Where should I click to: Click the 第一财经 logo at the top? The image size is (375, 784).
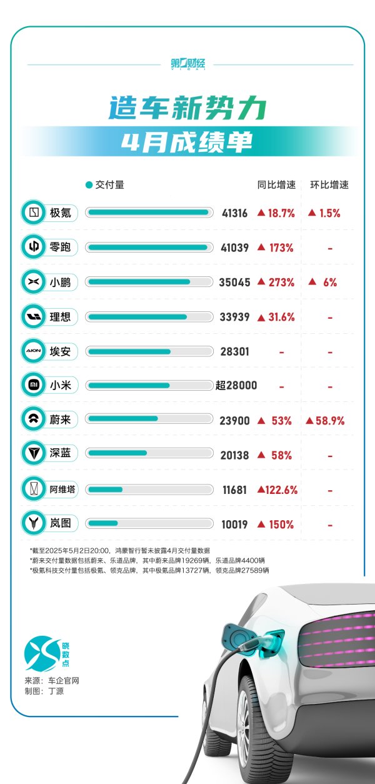187,64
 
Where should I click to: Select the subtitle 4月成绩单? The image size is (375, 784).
187,142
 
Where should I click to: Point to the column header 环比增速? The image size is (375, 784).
329,185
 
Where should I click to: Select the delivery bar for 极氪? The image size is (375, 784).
148,213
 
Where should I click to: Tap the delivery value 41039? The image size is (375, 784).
235,248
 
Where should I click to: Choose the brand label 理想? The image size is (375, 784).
60,317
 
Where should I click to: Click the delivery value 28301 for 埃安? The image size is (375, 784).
235,351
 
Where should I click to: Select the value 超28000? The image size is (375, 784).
236,386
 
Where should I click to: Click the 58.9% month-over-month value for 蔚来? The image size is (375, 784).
325,421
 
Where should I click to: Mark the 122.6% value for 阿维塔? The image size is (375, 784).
277,490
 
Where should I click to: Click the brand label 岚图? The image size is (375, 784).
60,525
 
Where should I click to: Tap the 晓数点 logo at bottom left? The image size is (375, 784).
44,653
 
